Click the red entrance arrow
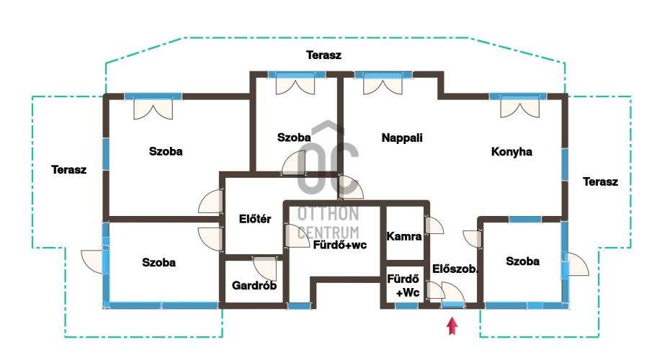pos(452,327)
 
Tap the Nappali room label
pos(402,138)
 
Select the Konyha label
pos(511,152)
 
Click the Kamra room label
pos(404,236)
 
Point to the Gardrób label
pos(254,285)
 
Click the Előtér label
pos(254,220)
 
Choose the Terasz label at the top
pos(323,55)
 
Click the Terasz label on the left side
pos(69,170)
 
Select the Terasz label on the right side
pos(600,181)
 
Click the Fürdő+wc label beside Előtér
pos(340,245)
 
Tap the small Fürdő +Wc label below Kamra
pos(403,285)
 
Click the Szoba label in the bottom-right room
pos(522,261)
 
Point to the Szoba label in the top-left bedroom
pos(166,152)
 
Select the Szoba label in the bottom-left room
pos(158,262)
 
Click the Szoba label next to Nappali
pos(294,138)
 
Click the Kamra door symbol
pos(434,226)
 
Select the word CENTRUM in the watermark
pos(328,232)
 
